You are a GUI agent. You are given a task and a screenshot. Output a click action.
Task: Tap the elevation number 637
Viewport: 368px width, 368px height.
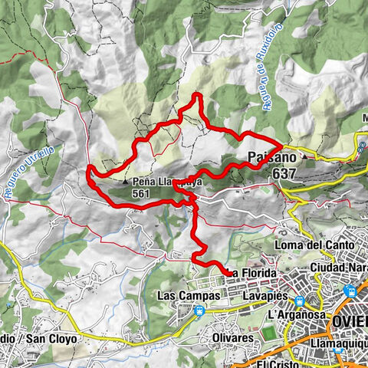281,174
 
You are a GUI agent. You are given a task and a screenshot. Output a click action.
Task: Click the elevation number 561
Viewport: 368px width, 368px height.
140,194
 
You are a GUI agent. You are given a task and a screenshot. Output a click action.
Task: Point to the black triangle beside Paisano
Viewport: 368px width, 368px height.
304,158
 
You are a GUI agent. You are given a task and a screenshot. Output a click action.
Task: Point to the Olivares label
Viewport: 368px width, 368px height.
232,337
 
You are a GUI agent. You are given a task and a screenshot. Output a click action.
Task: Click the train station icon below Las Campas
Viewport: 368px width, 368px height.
200,310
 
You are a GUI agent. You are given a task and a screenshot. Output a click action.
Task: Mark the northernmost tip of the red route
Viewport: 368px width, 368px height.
196,94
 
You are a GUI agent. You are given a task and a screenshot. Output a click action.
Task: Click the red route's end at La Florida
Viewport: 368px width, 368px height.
228,272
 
